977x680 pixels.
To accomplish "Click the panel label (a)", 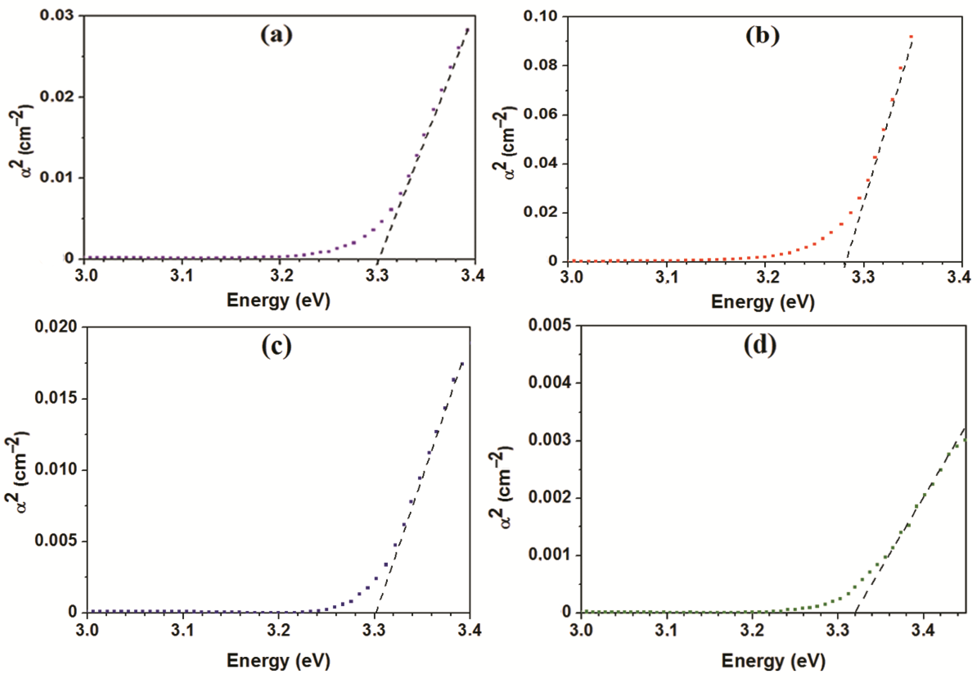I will [x=276, y=35].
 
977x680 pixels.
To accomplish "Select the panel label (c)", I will [x=276, y=346].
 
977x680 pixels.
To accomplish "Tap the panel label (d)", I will [x=760, y=345].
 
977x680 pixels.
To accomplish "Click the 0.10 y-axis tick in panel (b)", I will [x=540, y=17].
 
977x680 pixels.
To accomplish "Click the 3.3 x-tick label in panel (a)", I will [x=377, y=276].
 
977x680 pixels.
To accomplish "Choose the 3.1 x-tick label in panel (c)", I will [x=183, y=629].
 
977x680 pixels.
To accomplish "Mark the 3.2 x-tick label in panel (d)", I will [x=752, y=630].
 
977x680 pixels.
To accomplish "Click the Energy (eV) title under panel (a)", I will [x=278, y=301].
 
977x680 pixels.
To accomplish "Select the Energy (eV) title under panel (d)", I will [x=773, y=661].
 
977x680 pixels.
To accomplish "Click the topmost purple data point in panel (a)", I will [x=467, y=30].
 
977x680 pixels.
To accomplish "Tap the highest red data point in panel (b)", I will [x=911, y=37].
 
